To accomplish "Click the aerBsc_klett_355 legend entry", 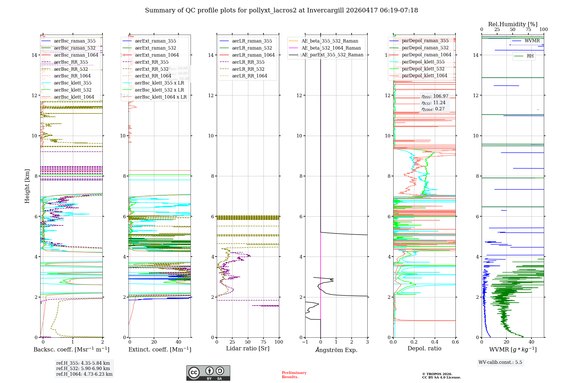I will point(72,83).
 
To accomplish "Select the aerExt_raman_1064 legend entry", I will point(157,55).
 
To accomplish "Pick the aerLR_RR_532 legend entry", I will point(248,69).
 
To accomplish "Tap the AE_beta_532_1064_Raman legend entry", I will point(331,48).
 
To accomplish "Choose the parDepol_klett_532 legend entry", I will point(423,69).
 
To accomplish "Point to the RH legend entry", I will point(530,56).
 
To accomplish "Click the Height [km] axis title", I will point(27,186).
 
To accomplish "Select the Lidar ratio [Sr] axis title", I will point(248,348).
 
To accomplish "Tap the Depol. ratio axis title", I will point(424,348).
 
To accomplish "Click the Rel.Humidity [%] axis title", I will point(513,24).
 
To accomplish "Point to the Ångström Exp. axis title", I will point(336,350).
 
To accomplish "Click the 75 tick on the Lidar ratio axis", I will point(263,342).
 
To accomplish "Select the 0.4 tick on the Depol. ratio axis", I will point(435,342).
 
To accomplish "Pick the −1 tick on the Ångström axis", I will point(305,342).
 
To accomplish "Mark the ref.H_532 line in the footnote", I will point(83,368).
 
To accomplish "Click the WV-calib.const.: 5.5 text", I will point(500,362).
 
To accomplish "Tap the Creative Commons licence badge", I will point(208,373).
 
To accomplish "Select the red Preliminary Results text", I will point(294,375).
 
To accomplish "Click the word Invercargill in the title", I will point(325,10).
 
